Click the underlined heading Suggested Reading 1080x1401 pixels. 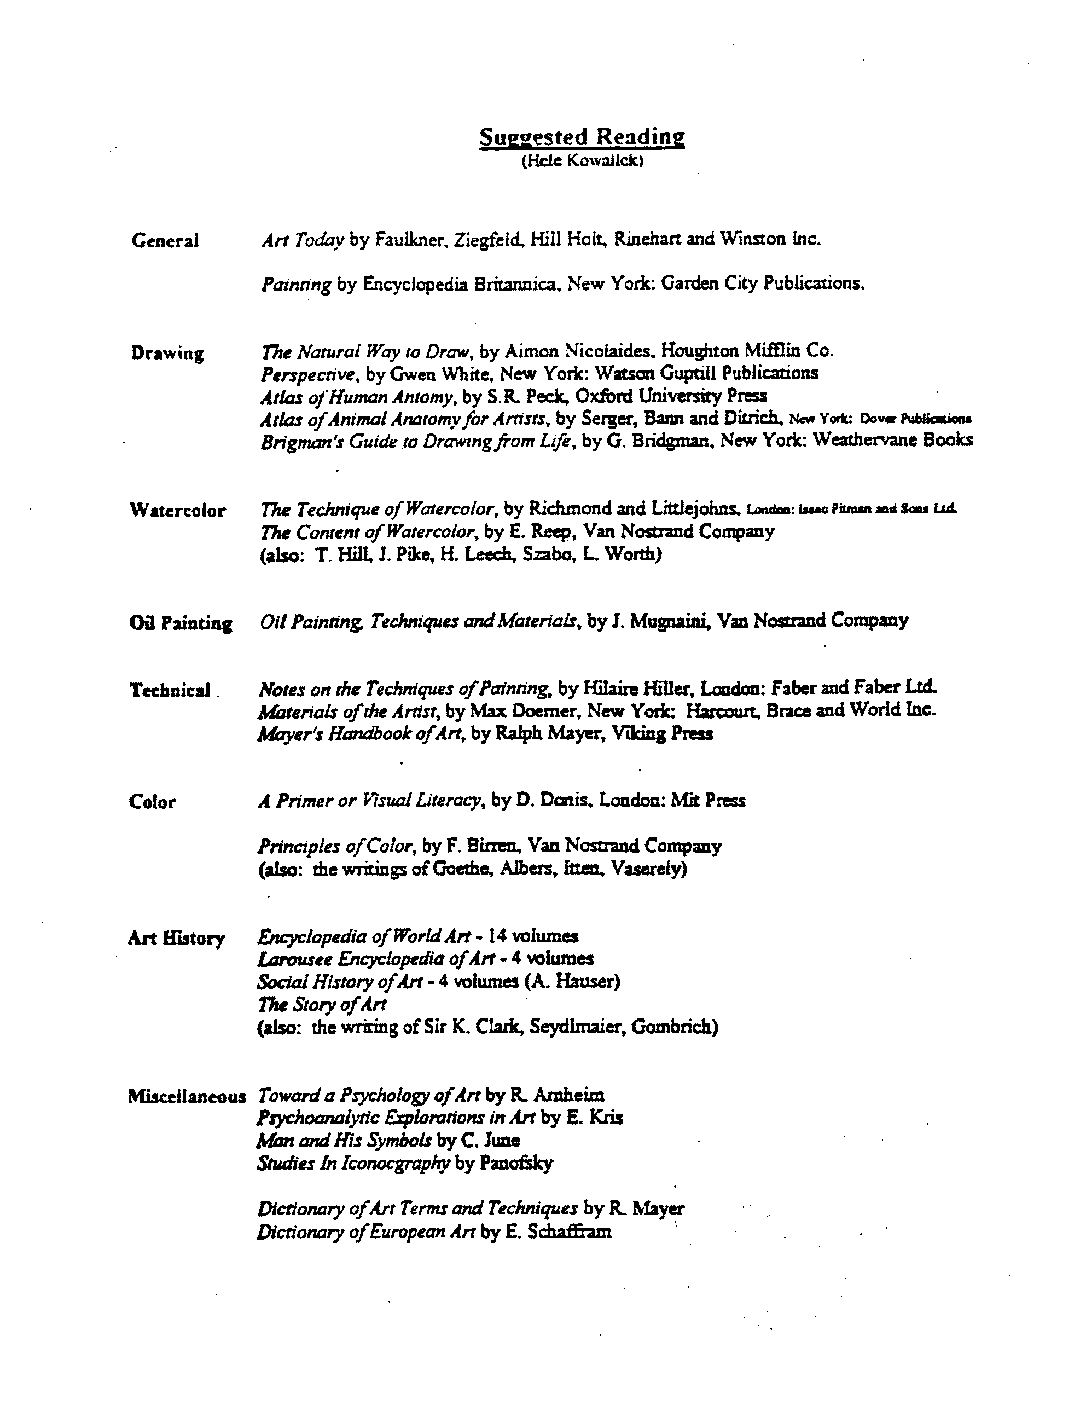click(581, 137)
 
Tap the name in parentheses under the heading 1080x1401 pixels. click(582, 161)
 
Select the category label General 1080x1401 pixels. click(165, 241)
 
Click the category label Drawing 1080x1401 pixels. click(167, 354)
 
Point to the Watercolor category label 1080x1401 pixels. click(178, 511)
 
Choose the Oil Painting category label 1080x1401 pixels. click(180, 623)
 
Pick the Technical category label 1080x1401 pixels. click(170, 690)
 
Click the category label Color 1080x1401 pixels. click(152, 802)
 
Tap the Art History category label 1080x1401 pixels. click(176, 939)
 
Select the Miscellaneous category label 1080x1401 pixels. click(187, 1096)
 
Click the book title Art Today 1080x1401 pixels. click(299, 240)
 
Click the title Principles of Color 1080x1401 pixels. click(334, 847)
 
